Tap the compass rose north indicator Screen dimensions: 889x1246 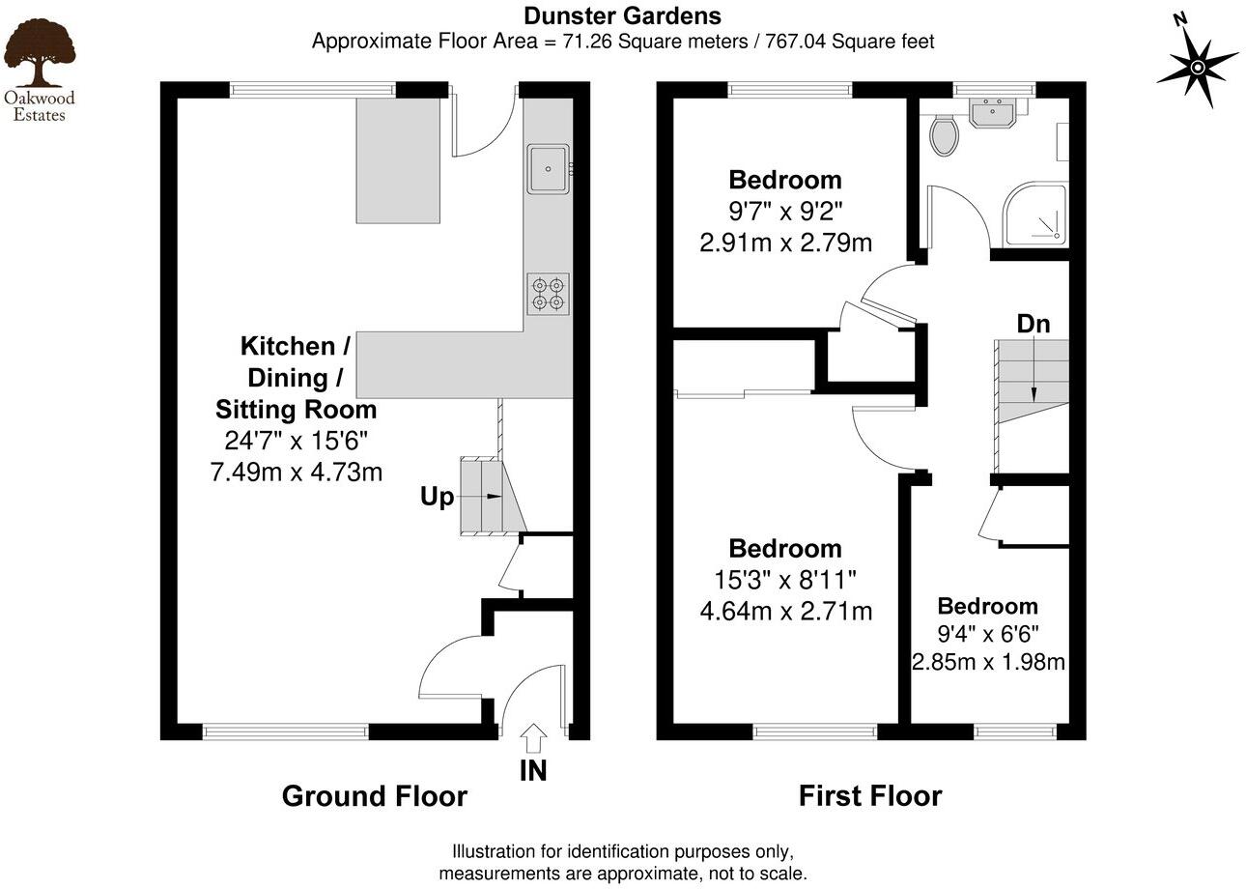pyautogui.click(x=1197, y=66)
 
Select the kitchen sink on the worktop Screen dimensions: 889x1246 pyautogui.click(x=549, y=169)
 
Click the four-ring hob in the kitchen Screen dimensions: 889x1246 pyautogui.click(x=548, y=294)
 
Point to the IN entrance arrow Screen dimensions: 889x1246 pyautogui.click(x=533, y=741)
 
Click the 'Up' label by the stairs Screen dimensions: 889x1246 pyautogui.click(x=437, y=498)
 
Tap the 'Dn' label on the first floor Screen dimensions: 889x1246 pyautogui.click(x=1033, y=324)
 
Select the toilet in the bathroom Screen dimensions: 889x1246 pyautogui.click(x=945, y=135)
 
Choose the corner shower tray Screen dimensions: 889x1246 pyautogui.click(x=1037, y=215)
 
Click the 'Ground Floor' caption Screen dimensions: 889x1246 pyautogui.click(x=374, y=796)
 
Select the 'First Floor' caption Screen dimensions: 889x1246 pyautogui.click(x=869, y=796)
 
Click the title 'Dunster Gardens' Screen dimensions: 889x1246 pyautogui.click(x=622, y=15)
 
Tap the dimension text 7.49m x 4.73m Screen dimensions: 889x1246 pyautogui.click(x=296, y=472)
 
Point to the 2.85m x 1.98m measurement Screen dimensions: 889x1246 pyautogui.click(x=988, y=662)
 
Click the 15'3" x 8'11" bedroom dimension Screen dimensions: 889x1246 pyautogui.click(x=785, y=580)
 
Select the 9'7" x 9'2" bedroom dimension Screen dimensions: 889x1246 pyautogui.click(x=785, y=211)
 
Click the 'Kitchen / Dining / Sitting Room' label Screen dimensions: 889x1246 pyautogui.click(x=296, y=377)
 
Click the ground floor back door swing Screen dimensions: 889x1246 pyautogui.click(x=483, y=126)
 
